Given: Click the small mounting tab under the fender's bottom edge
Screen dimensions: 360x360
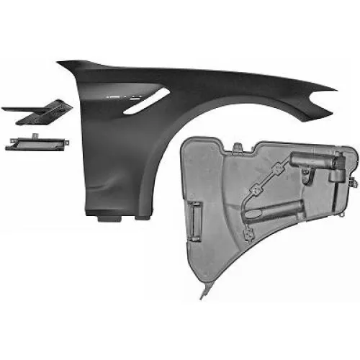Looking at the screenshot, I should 109,196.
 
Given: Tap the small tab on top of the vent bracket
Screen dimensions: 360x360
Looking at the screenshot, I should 32,137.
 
